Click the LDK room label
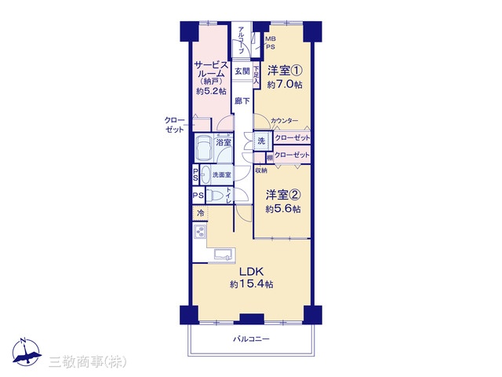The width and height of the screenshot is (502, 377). tap(252, 272)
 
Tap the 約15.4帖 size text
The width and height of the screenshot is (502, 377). tap(252, 284)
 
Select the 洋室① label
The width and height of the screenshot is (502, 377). tap(285, 71)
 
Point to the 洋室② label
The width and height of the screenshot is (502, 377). tap(283, 195)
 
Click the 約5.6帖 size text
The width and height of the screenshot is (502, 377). tap(283, 209)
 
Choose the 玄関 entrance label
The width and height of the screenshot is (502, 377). tap(242, 71)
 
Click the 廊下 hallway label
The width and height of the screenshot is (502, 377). tap(242, 101)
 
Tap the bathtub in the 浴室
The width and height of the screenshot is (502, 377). tap(204, 148)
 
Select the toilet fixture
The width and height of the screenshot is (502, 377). tap(214, 196)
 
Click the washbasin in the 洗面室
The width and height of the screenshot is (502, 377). tap(206, 174)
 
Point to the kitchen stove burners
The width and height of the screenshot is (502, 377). tap(200, 232)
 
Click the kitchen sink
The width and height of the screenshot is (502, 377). tap(223, 254)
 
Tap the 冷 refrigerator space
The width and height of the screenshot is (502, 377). tap(201, 214)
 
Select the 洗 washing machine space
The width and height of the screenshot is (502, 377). tap(261, 141)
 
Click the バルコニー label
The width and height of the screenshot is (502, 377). tap(251, 339)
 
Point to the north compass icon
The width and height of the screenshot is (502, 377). tap(26, 352)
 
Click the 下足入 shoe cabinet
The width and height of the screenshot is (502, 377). tap(256, 75)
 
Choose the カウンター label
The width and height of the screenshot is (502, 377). tap(284, 121)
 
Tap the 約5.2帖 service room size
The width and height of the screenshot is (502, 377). tap(211, 91)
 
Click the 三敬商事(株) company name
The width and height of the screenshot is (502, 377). tap(88, 362)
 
